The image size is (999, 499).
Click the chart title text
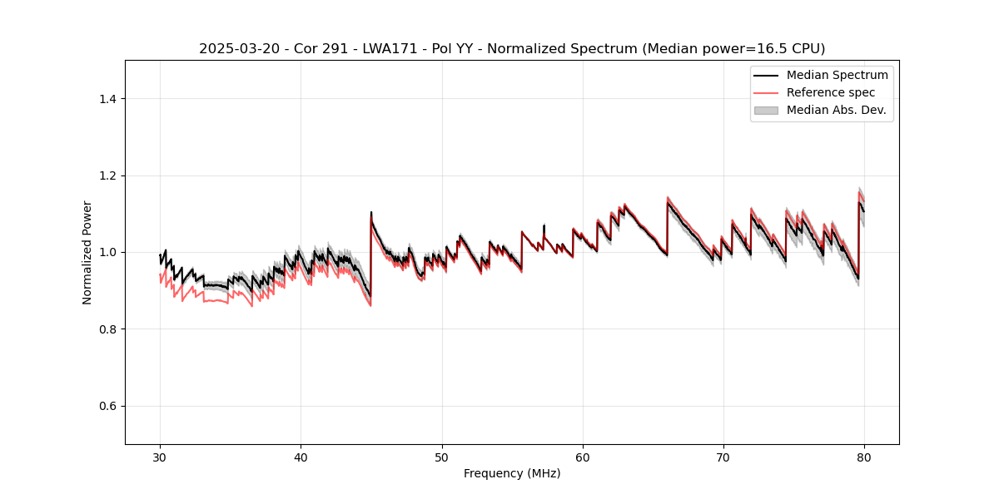tap(512, 49)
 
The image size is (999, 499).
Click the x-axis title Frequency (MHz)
tap(512, 473)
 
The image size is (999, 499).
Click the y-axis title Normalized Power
tap(87, 252)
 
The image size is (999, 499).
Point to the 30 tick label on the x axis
tap(160, 457)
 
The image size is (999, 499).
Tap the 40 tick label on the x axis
tap(301, 457)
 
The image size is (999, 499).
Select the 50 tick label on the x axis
tap(442, 457)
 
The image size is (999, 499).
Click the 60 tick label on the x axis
tap(583, 457)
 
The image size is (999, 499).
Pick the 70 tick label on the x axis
tap(723, 457)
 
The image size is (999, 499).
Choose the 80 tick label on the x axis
tap(864, 457)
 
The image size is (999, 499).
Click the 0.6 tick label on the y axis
tap(107, 406)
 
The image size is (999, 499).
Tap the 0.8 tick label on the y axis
tap(107, 329)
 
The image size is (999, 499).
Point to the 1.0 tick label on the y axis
tap(107, 252)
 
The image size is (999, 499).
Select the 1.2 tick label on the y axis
tap(107, 175)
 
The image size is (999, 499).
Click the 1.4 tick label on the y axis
tap(107, 99)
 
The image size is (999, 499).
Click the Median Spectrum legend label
tap(837, 75)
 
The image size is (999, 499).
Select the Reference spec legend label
tap(831, 92)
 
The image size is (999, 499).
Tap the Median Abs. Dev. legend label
tap(836, 110)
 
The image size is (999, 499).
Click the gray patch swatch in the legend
tap(766, 110)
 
